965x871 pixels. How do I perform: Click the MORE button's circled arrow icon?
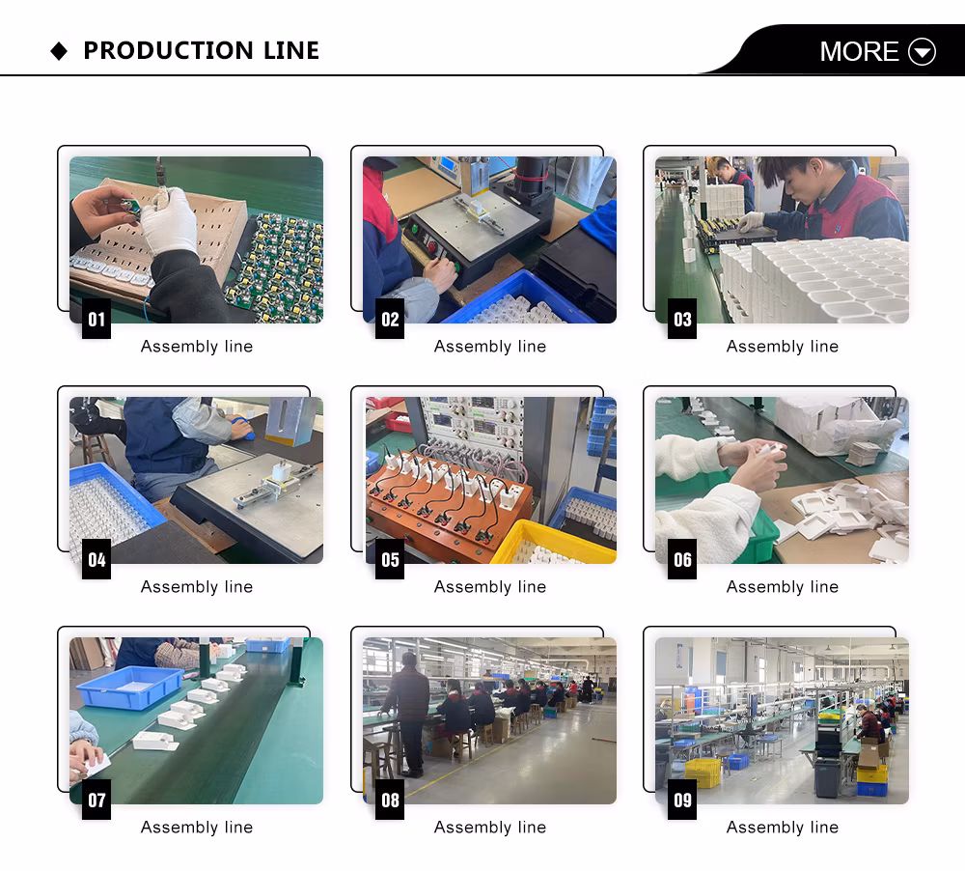tap(922, 51)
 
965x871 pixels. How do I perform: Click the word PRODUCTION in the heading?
tap(168, 50)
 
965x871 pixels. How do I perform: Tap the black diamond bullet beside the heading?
tap(59, 51)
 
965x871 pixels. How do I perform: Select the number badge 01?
tap(96, 319)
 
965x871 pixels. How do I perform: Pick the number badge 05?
tap(390, 559)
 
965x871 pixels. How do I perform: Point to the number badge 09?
tap(682, 800)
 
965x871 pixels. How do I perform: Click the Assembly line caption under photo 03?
tap(783, 347)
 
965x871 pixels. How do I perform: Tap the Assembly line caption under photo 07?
tap(197, 827)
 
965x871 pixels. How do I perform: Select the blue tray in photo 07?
tap(130, 687)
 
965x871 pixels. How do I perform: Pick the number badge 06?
tap(682, 559)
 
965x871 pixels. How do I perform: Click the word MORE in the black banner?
tap(859, 51)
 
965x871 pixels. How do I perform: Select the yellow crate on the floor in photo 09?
tap(703, 773)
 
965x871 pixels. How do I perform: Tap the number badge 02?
tap(390, 319)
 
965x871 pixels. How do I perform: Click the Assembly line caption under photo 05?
tap(490, 586)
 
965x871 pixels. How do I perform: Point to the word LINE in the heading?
tap(291, 50)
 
